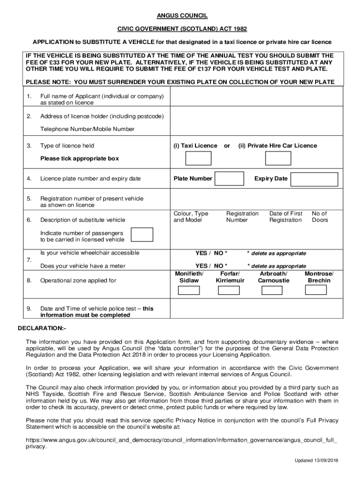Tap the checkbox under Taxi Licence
pyautogui.click(x=198, y=159)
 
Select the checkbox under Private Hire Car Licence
pyautogui.click(x=278, y=159)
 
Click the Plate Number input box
pyautogui.click(x=230, y=179)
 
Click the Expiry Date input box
pyautogui.click(x=314, y=179)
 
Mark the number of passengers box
pyautogui.click(x=142, y=235)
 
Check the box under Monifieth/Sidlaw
pyautogui.click(x=189, y=290)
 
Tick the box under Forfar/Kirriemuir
pyautogui.click(x=229, y=290)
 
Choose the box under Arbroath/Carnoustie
pyautogui.click(x=272, y=290)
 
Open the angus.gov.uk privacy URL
pyautogui.click(x=181, y=441)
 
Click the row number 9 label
pyautogui.click(x=29, y=309)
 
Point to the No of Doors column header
pyautogui.click(x=320, y=217)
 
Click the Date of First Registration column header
pyautogui.click(x=286, y=217)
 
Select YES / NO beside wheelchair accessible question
pyautogui.click(x=211, y=253)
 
